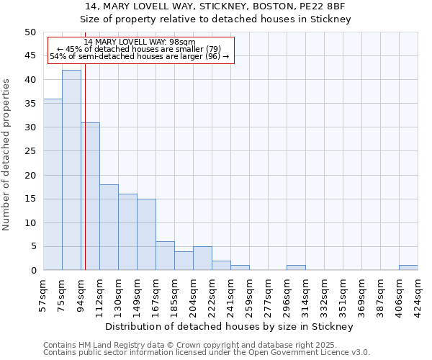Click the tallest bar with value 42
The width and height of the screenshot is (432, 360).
(x=71, y=170)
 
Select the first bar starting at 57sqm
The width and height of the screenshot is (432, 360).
(x=53, y=184)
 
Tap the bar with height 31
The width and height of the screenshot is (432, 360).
(x=90, y=196)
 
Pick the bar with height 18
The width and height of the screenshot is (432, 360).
(x=109, y=227)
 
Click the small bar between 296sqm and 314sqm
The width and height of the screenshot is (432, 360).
(x=296, y=268)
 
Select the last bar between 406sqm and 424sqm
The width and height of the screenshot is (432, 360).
(x=408, y=268)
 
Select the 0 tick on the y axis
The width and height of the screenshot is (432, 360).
(x=32, y=271)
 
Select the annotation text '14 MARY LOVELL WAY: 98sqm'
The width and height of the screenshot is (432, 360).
(x=140, y=42)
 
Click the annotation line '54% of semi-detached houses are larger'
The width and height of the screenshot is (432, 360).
(x=140, y=56)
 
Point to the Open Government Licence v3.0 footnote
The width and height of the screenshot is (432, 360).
(x=207, y=353)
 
